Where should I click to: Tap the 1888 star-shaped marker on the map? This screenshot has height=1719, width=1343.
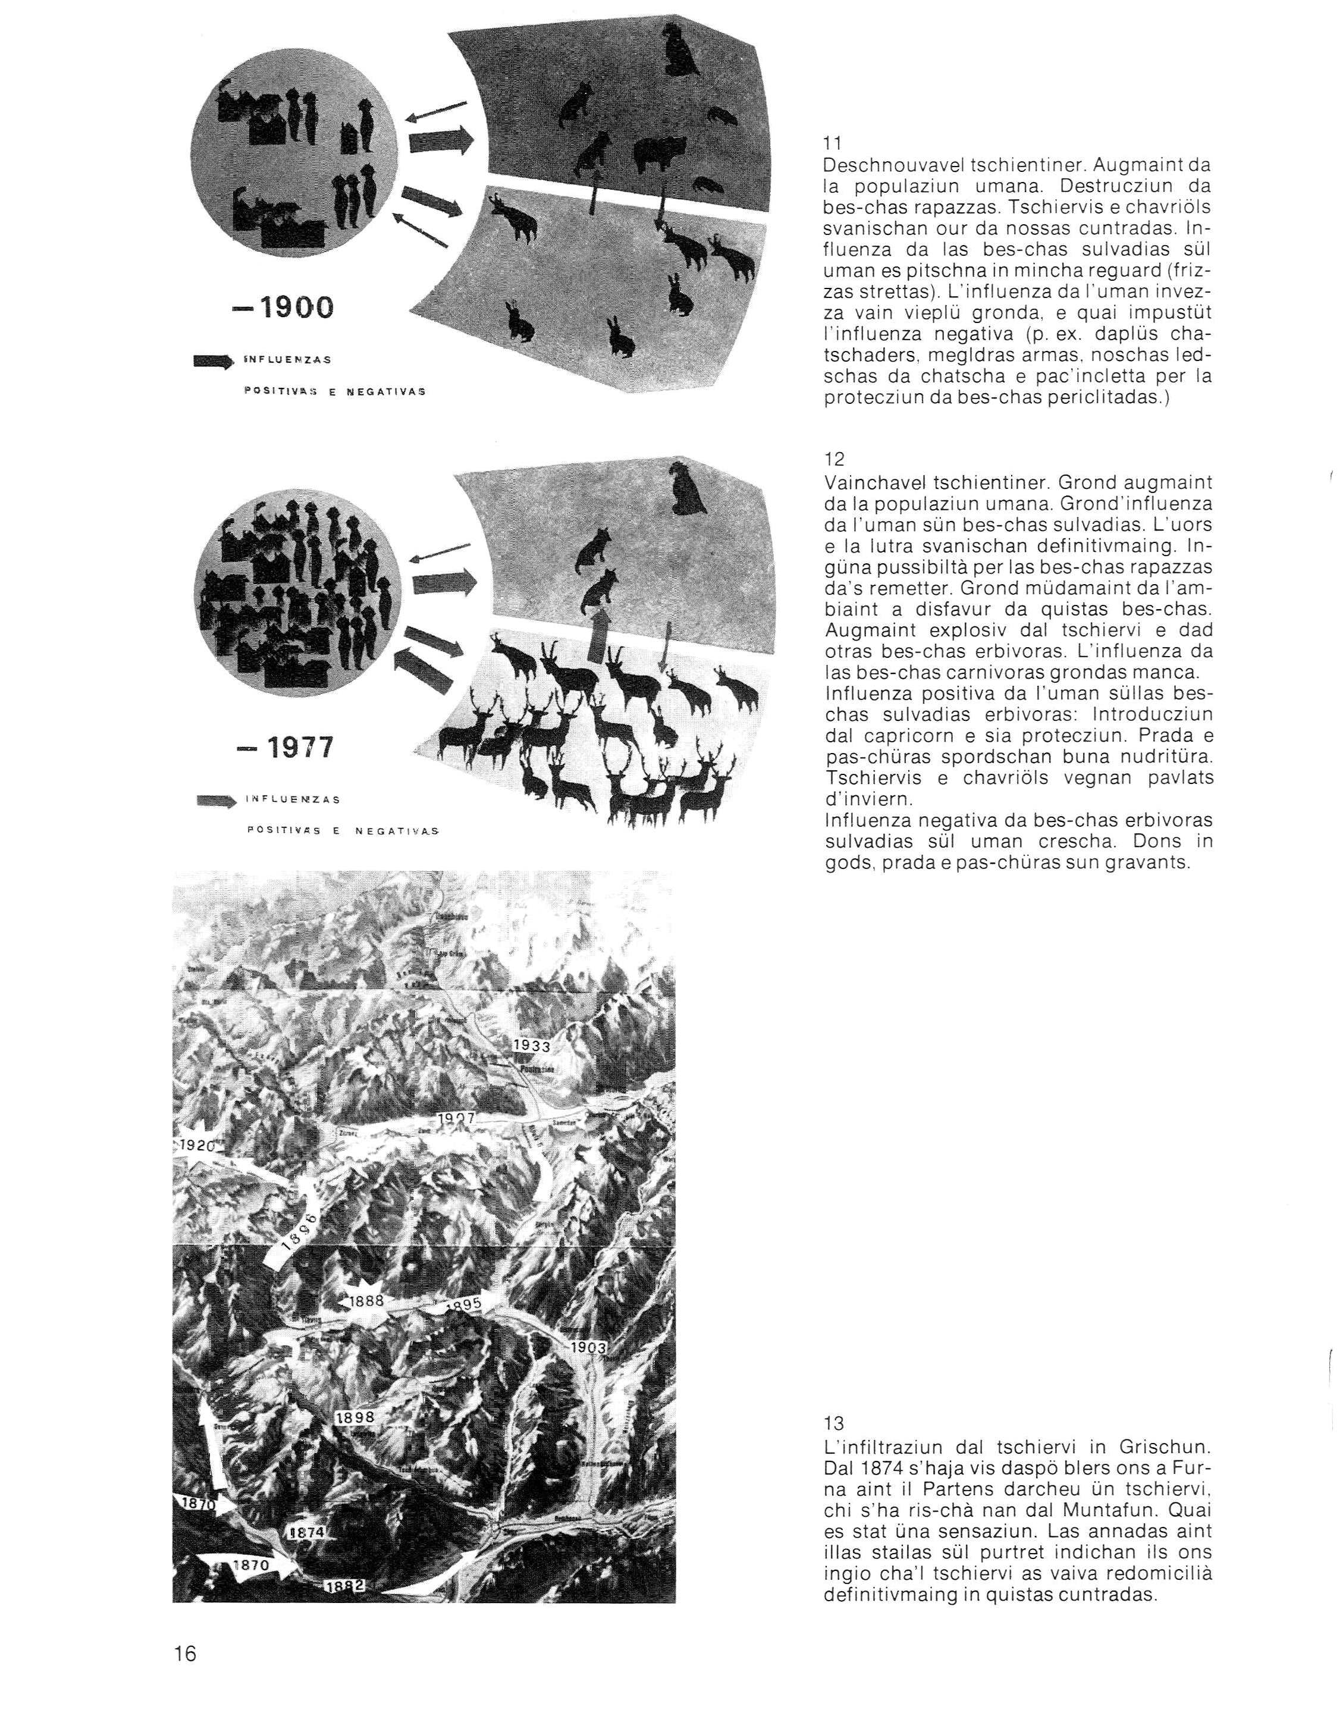pos(365,1300)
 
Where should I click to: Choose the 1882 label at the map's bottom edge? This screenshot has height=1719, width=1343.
pos(346,1564)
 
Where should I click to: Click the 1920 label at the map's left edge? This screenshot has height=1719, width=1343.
pos(195,1145)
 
